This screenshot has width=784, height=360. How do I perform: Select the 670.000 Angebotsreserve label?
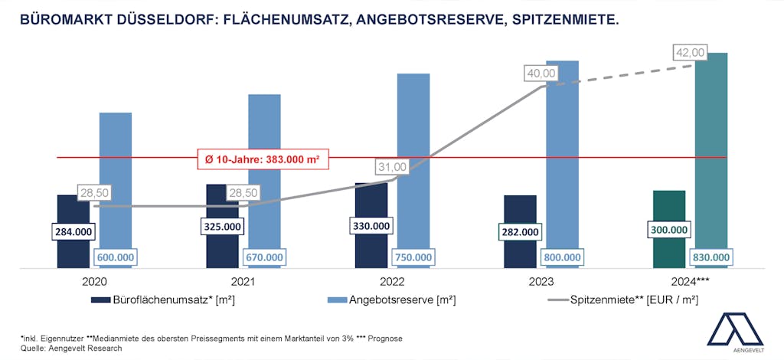[264, 257]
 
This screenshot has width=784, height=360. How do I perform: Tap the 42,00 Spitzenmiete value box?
[690, 53]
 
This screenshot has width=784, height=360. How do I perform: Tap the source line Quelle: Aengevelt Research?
[71, 348]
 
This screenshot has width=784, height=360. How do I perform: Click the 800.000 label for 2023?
[562, 257]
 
